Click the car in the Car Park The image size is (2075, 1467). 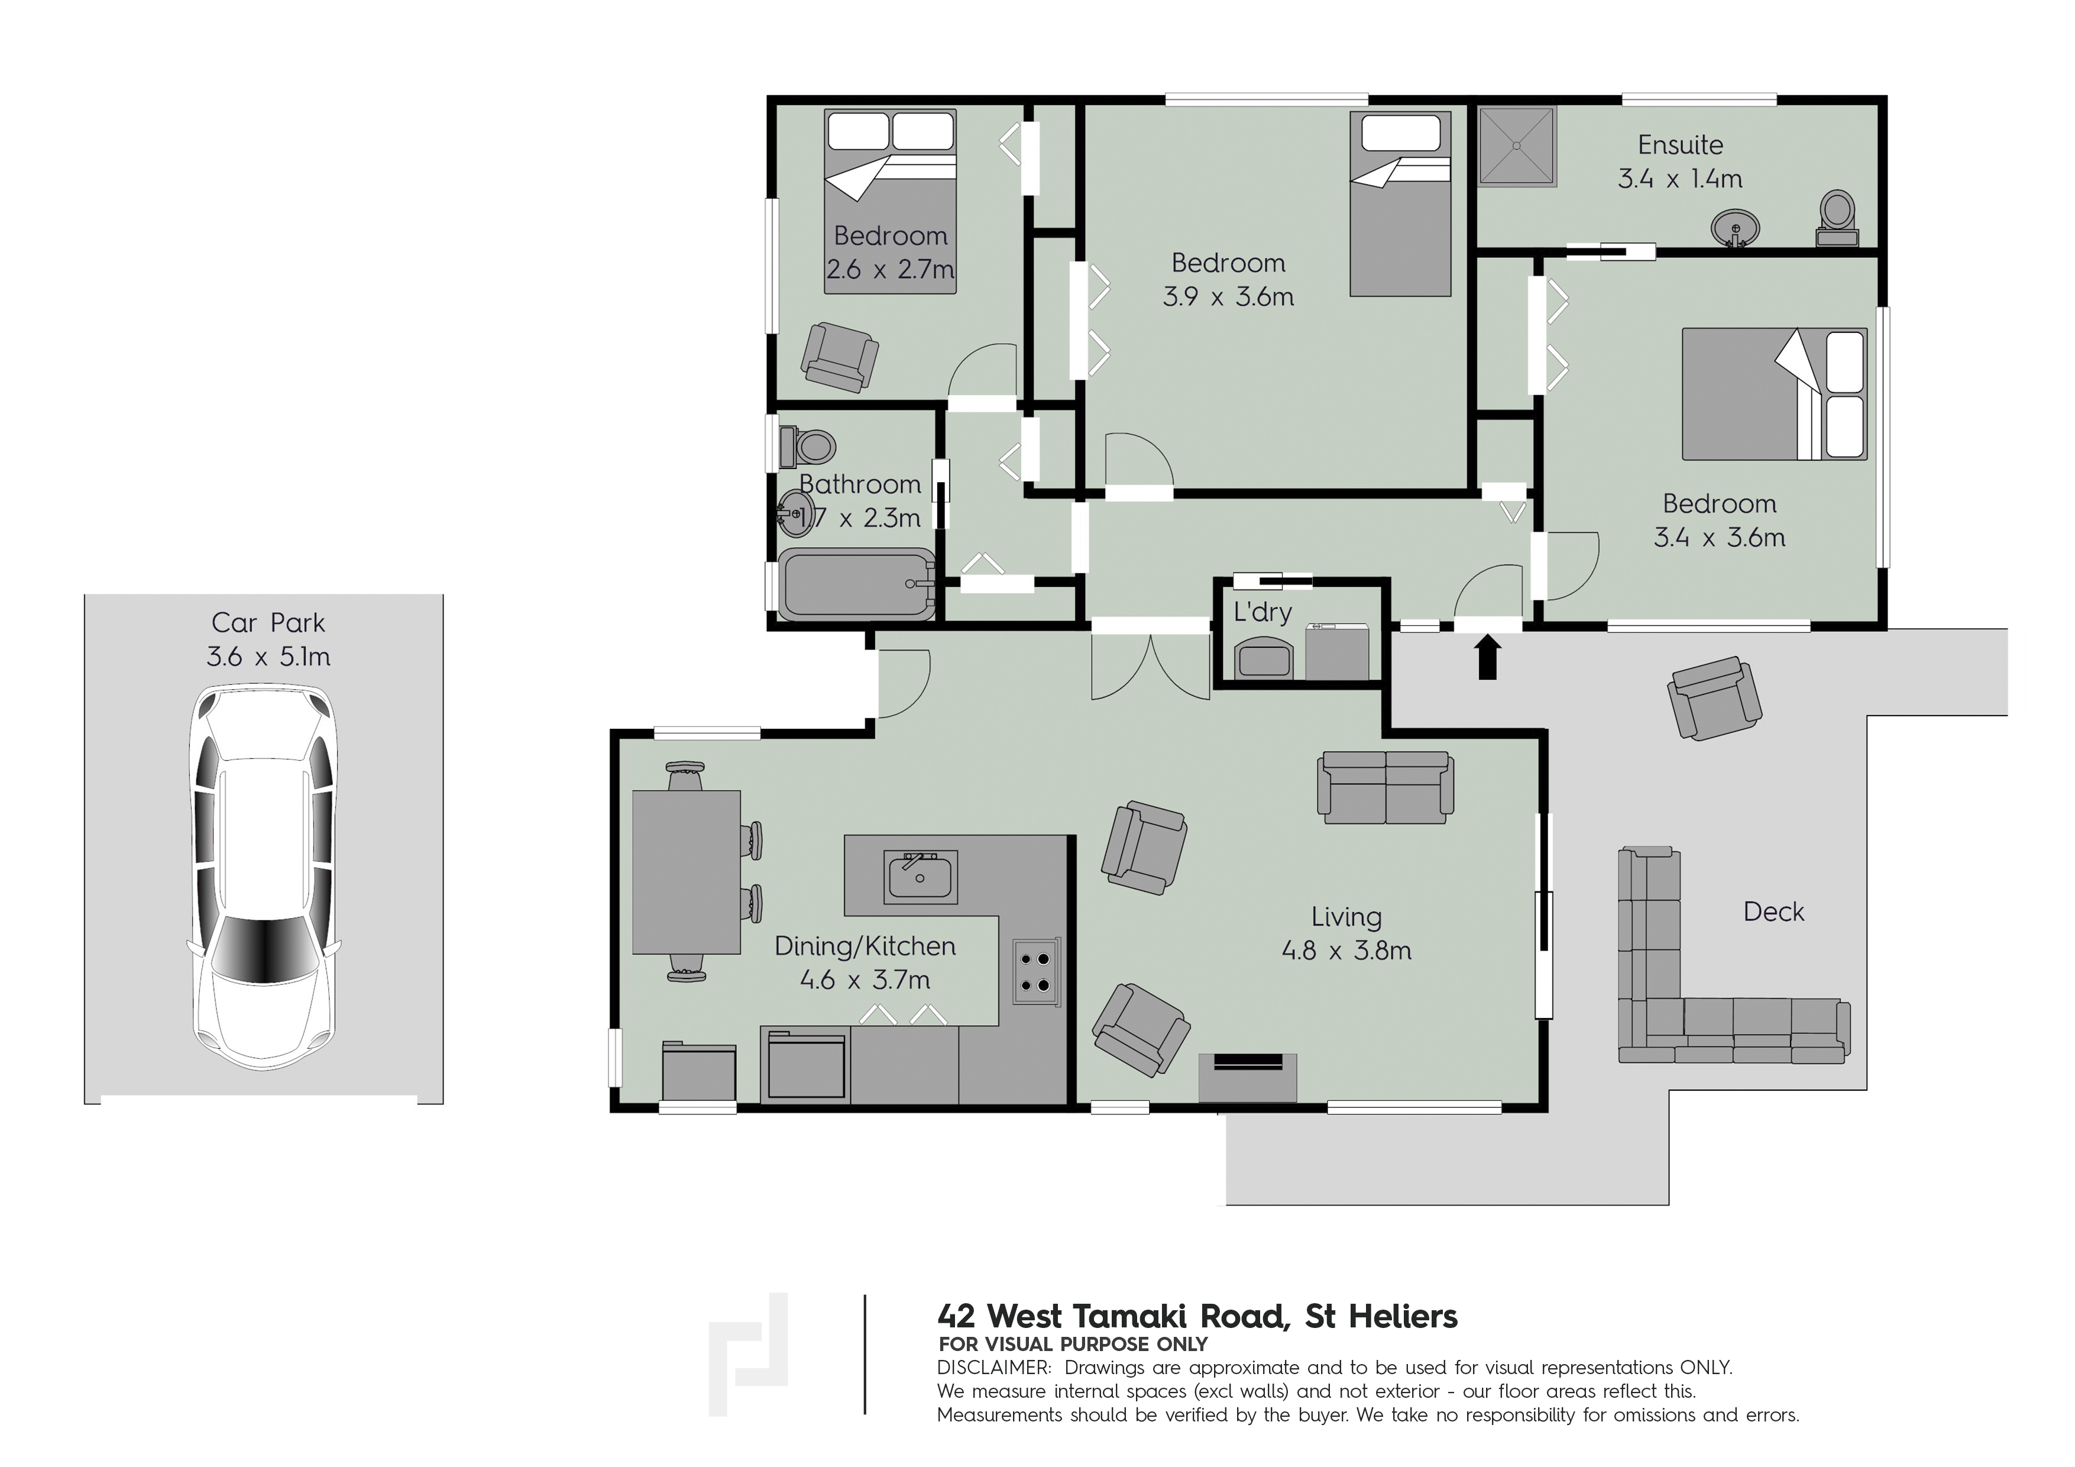(x=264, y=878)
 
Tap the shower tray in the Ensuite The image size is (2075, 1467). (x=1517, y=147)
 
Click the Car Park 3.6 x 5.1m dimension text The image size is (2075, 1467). (x=268, y=656)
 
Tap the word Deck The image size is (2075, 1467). (x=1773, y=912)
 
